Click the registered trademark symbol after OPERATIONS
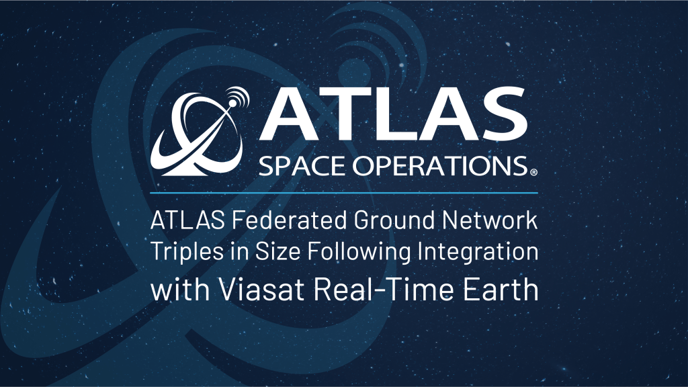pyautogui.click(x=533, y=173)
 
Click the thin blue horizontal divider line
pyautogui.click(x=344, y=193)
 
